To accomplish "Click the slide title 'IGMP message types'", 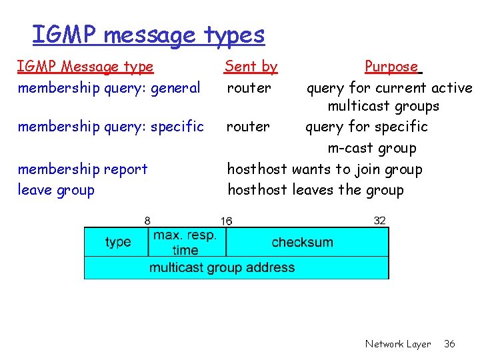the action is tap(148, 35).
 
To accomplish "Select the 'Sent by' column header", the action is tap(251, 67).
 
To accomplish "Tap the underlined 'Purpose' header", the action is tap(392, 67).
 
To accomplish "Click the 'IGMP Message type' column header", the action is tap(85, 67).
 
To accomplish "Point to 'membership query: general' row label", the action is tap(109, 88).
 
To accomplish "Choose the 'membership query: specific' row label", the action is tap(111, 127).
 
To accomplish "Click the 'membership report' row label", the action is tap(83, 169).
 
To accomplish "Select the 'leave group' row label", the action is tap(56, 190).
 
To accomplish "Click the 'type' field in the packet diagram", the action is tap(118, 242).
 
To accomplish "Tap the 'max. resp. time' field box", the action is tap(185, 243).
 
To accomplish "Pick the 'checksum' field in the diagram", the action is tap(302, 242).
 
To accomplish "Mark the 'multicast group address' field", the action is tap(222, 267).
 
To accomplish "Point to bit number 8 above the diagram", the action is tap(147, 221).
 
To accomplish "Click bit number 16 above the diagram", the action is tap(227, 221).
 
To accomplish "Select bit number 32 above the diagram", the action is tap(380, 221).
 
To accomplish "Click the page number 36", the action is tap(450, 344).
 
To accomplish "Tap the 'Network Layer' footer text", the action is tap(398, 344).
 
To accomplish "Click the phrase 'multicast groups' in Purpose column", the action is tap(383, 106).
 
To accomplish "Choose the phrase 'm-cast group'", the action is tap(372, 148).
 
